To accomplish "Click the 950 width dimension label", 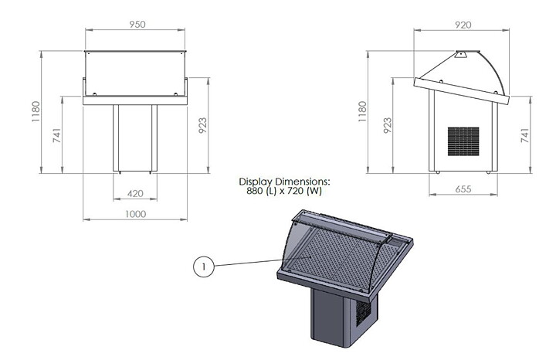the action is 137,24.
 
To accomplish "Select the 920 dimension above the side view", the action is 463,25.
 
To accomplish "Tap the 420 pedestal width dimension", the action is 135,194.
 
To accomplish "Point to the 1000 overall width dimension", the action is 135,214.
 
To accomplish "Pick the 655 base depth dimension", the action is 463,189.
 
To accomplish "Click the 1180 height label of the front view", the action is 36,112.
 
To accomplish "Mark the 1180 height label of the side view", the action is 362,112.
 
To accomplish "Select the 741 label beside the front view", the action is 56,135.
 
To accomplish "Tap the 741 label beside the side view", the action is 525,135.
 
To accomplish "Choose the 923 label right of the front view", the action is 202,125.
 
